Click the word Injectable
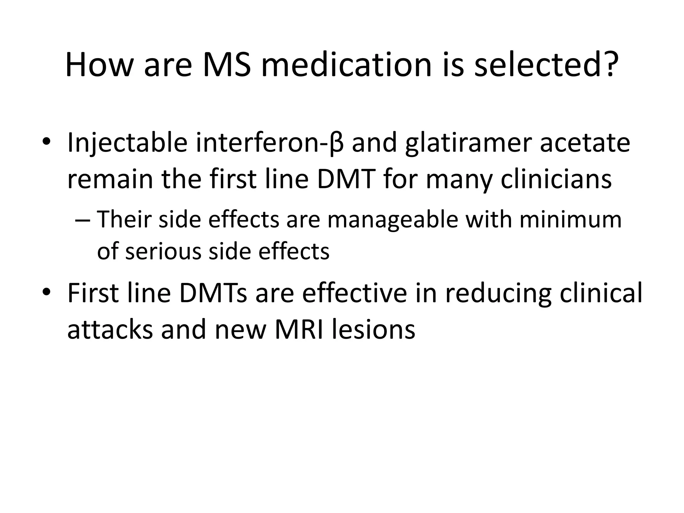127,143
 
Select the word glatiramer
468,143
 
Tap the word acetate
585,143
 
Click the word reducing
498,293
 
